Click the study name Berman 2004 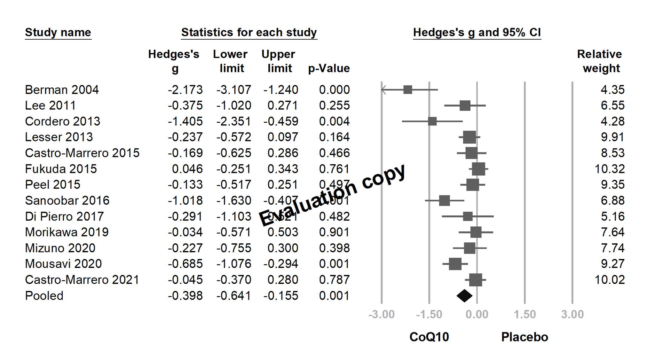(x=62, y=90)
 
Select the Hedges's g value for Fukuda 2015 (x=187, y=169)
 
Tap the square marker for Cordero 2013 (x=432, y=121)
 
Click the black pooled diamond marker (x=464, y=296)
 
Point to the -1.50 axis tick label (x=429, y=314)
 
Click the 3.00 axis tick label (x=572, y=314)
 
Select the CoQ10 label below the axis (x=429, y=337)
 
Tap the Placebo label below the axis (x=525, y=337)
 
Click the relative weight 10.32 (x=609, y=169)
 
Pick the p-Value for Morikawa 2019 (x=334, y=232)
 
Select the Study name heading (x=58, y=32)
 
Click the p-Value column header (x=329, y=68)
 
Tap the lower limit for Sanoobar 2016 (x=233, y=200)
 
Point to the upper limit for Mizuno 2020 (x=283, y=248)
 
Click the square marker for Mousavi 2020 (x=455, y=264)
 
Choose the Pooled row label (x=44, y=296)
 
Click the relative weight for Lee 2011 (x=612, y=106)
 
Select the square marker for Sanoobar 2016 (x=444, y=201)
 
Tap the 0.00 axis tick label (x=477, y=314)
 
